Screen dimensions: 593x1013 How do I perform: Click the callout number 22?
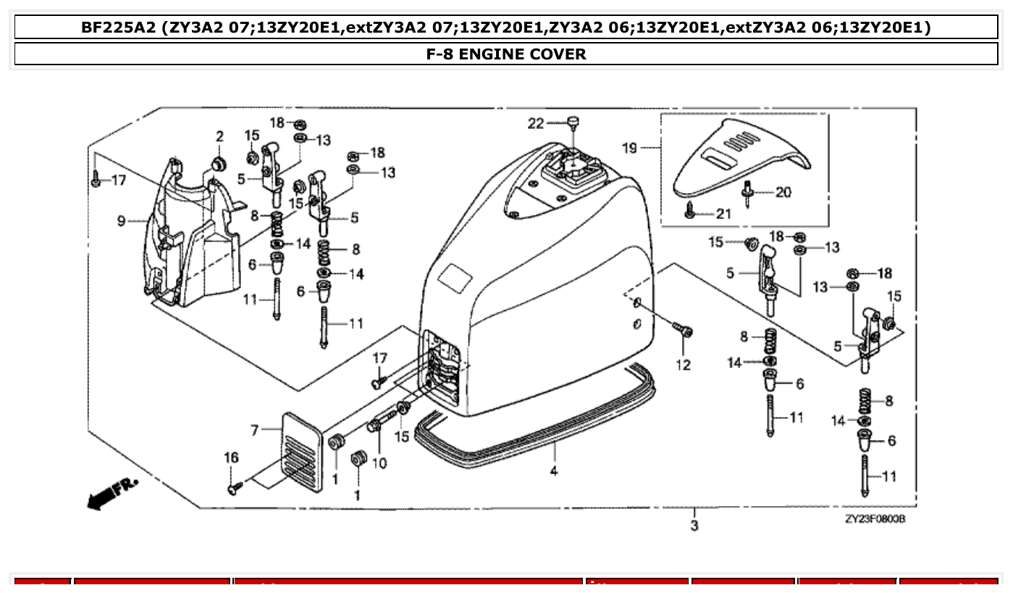point(536,124)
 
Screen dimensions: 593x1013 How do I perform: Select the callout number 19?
point(630,148)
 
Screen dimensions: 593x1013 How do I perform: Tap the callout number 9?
point(122,220)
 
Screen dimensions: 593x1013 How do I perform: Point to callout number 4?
point(554,470)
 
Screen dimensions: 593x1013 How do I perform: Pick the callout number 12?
point(684,365)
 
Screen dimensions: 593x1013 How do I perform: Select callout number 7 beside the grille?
point(255,431)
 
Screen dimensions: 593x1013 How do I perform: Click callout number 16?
point(230,457)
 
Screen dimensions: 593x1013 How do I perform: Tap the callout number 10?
point(379,463)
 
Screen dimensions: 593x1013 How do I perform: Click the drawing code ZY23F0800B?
point(875,520)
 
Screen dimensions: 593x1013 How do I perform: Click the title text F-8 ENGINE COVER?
point(506,54)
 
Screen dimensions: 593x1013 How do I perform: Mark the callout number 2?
point(219,136)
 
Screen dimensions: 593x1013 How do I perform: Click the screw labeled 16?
point(233,490)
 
